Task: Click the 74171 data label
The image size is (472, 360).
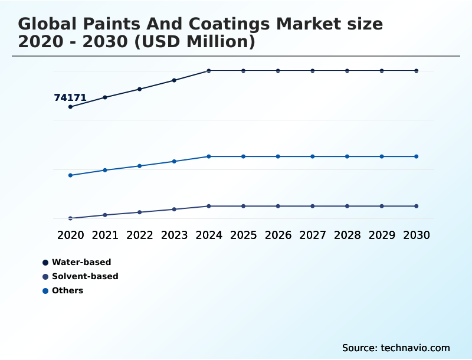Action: click(x=70, y=98)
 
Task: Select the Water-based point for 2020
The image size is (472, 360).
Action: click(x=70, y=107)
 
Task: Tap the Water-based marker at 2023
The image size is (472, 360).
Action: click(x=174, y=80)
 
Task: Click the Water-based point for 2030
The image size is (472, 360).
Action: click(x=417, y=71)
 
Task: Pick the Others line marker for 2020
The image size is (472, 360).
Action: click(x=70, y=175)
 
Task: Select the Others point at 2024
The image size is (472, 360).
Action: click(x=209, y=156)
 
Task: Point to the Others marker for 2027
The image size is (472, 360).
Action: click(x=313, y=156)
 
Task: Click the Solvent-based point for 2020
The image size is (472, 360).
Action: click(x=70, y=218)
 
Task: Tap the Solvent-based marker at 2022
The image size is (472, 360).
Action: click(x=140, y=212)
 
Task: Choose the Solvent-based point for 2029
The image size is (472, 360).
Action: click(x=382, y=206)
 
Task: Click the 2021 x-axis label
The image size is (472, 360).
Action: click(x=105, y=235)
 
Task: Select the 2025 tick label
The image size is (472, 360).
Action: click(x=243, y=235)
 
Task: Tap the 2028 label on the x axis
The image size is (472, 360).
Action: click(x=347, y=235)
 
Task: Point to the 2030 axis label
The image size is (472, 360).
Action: click(x=417, y=235)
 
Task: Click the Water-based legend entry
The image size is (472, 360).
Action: click(x=81, y=262)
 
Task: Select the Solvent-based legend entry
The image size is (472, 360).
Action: click(x=84, y=276)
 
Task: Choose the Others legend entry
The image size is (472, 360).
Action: click(x=67, y=290)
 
